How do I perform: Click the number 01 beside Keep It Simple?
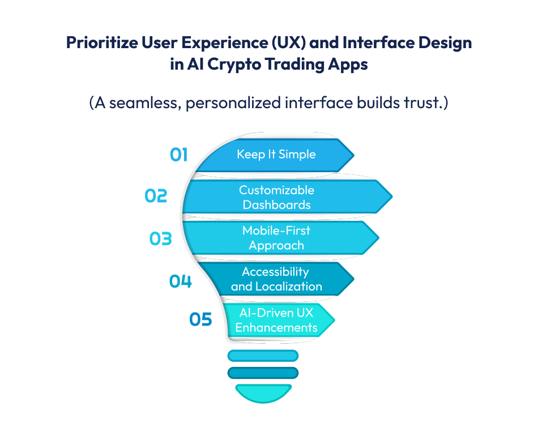[x=179, y=155]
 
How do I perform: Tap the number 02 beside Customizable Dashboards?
[x=156, y=196]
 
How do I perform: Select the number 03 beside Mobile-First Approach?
[x=161, y=238]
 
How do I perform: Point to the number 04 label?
[x=181, y=281]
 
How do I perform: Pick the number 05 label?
[x=200, y=319]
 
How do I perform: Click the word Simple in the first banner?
[x=297, y=155]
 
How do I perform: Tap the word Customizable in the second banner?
[x=276, y=190]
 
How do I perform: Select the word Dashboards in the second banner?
[x=276, y=205]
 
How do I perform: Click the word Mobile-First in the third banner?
[x=276, y=230]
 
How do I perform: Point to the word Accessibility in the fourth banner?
[x=276, y=272]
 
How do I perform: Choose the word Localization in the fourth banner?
[x=289, y=287]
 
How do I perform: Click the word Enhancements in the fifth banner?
[x=276, y=328]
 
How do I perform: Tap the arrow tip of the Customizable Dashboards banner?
[x=392, y=196]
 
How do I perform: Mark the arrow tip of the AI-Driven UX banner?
[x=334, y=320]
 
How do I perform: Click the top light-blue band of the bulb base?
[x=263, y=356]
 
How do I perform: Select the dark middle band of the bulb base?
[x=263, y=373]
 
